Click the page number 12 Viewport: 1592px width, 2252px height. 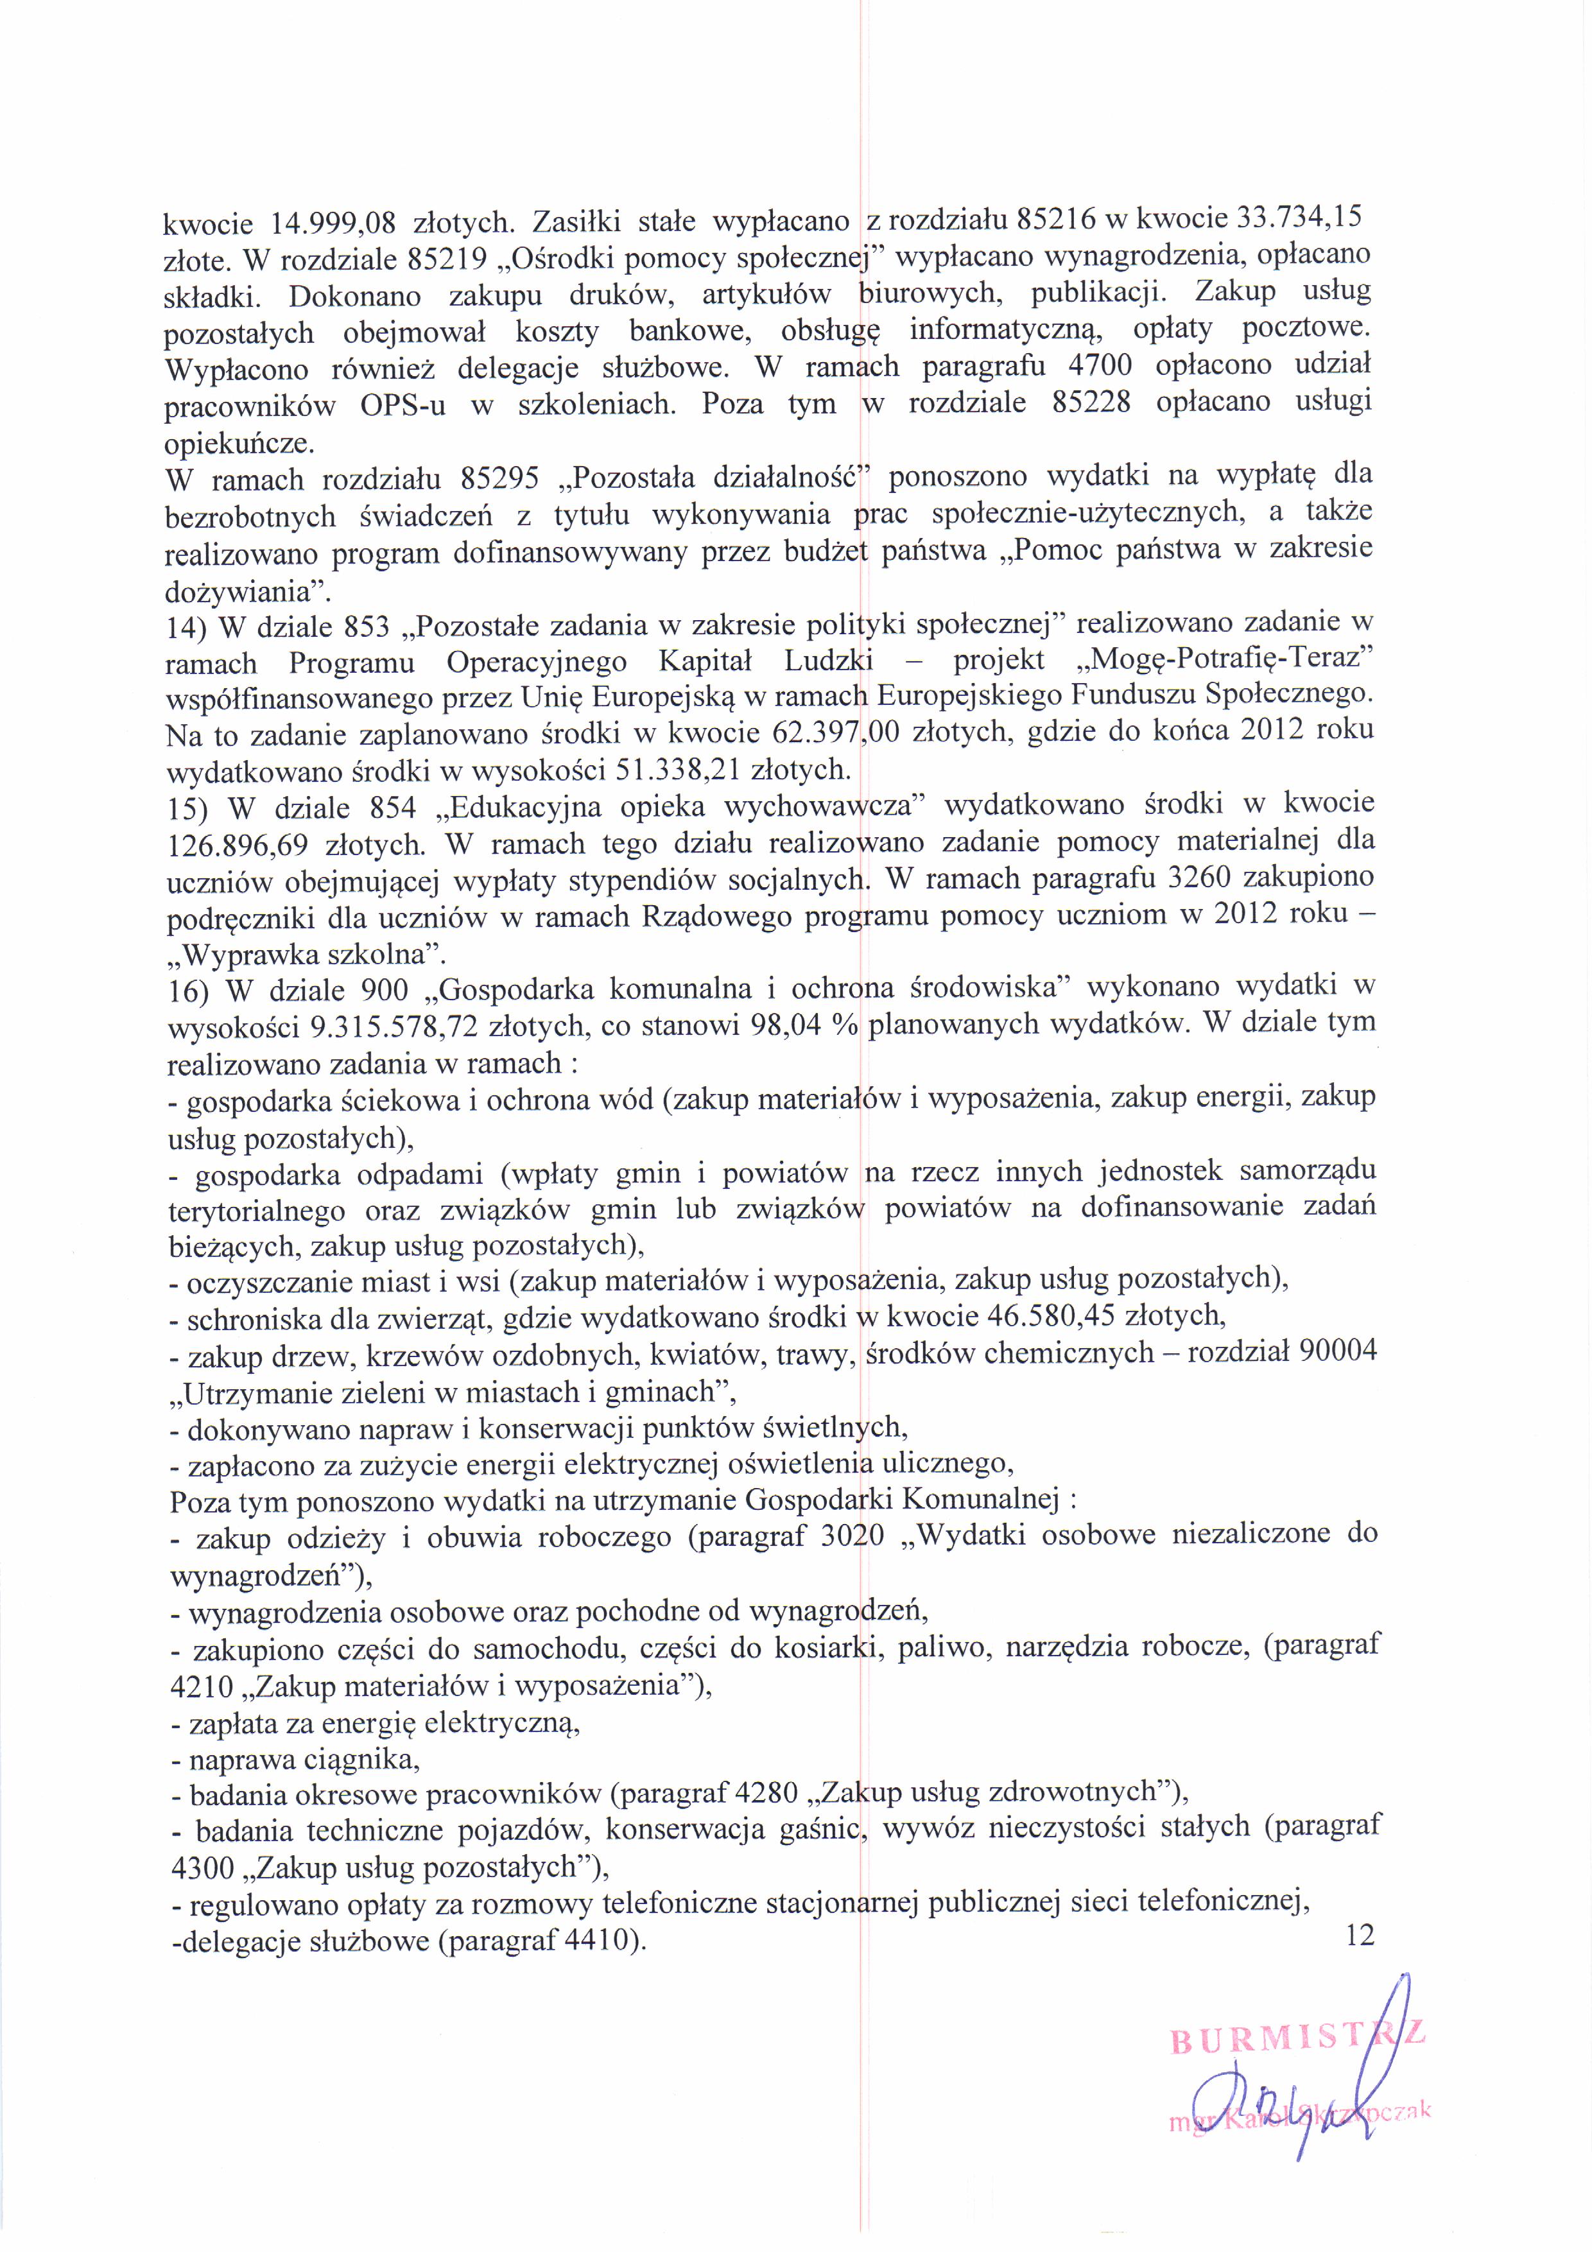(x=1360, y=1935)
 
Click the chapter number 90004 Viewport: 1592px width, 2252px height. (x=1337, y=1351)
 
